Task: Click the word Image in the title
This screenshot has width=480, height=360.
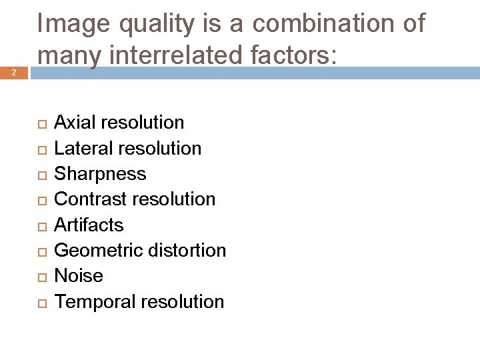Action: [x=73, y=25]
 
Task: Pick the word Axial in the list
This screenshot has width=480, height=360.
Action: [x=75, y=123]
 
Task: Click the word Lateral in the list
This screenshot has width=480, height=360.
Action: [x=82, y=148]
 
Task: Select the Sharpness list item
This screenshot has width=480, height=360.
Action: [x=100, y=174]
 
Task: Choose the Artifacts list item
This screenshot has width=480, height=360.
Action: [x=89, y=225]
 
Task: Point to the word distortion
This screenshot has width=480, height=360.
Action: [x=186, y=251]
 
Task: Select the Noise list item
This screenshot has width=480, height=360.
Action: [x=79, y=276]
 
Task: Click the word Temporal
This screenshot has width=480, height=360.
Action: [x=96, y=301]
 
